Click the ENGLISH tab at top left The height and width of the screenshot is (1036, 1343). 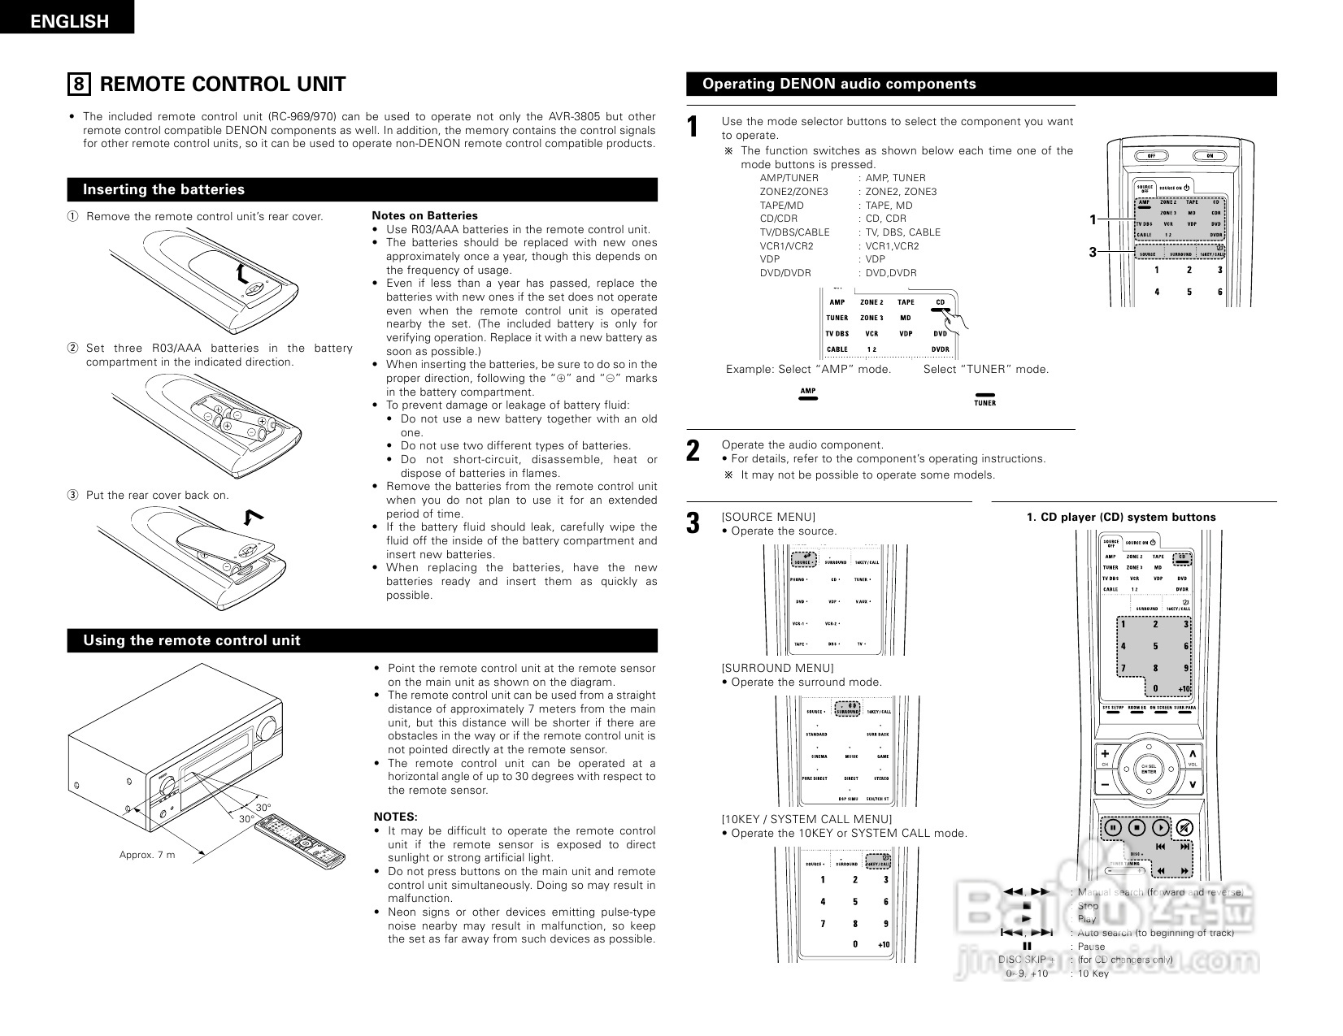click(x=68, y=20)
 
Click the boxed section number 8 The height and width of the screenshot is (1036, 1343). click(x=78, y=85)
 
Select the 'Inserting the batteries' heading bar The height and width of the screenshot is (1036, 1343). click(x=163, y=189)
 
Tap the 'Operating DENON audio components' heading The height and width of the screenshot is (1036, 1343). click(x=839, y=84)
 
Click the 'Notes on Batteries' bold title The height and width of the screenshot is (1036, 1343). click(x=424, y=215)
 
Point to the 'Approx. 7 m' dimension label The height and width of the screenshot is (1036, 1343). click(x=147, y=855)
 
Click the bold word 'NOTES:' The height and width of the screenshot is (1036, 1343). click(x=395, y=817)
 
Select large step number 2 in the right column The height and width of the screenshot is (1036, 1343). click(x=693, y=452)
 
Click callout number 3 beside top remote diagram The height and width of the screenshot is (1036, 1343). click(x=1093, y=253)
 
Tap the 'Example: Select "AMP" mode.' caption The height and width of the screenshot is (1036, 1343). click(x=808, y=369)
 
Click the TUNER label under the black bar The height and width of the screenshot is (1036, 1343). click(x=984, y=403)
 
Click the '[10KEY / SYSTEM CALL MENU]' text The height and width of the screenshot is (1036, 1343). click(x=806, y=819)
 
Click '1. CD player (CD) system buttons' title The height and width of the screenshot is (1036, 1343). click(x=1121, y=517)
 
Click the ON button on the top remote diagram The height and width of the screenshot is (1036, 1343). click(x=1209, y=156)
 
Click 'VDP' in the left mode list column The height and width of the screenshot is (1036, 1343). click(x=770, y=259)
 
